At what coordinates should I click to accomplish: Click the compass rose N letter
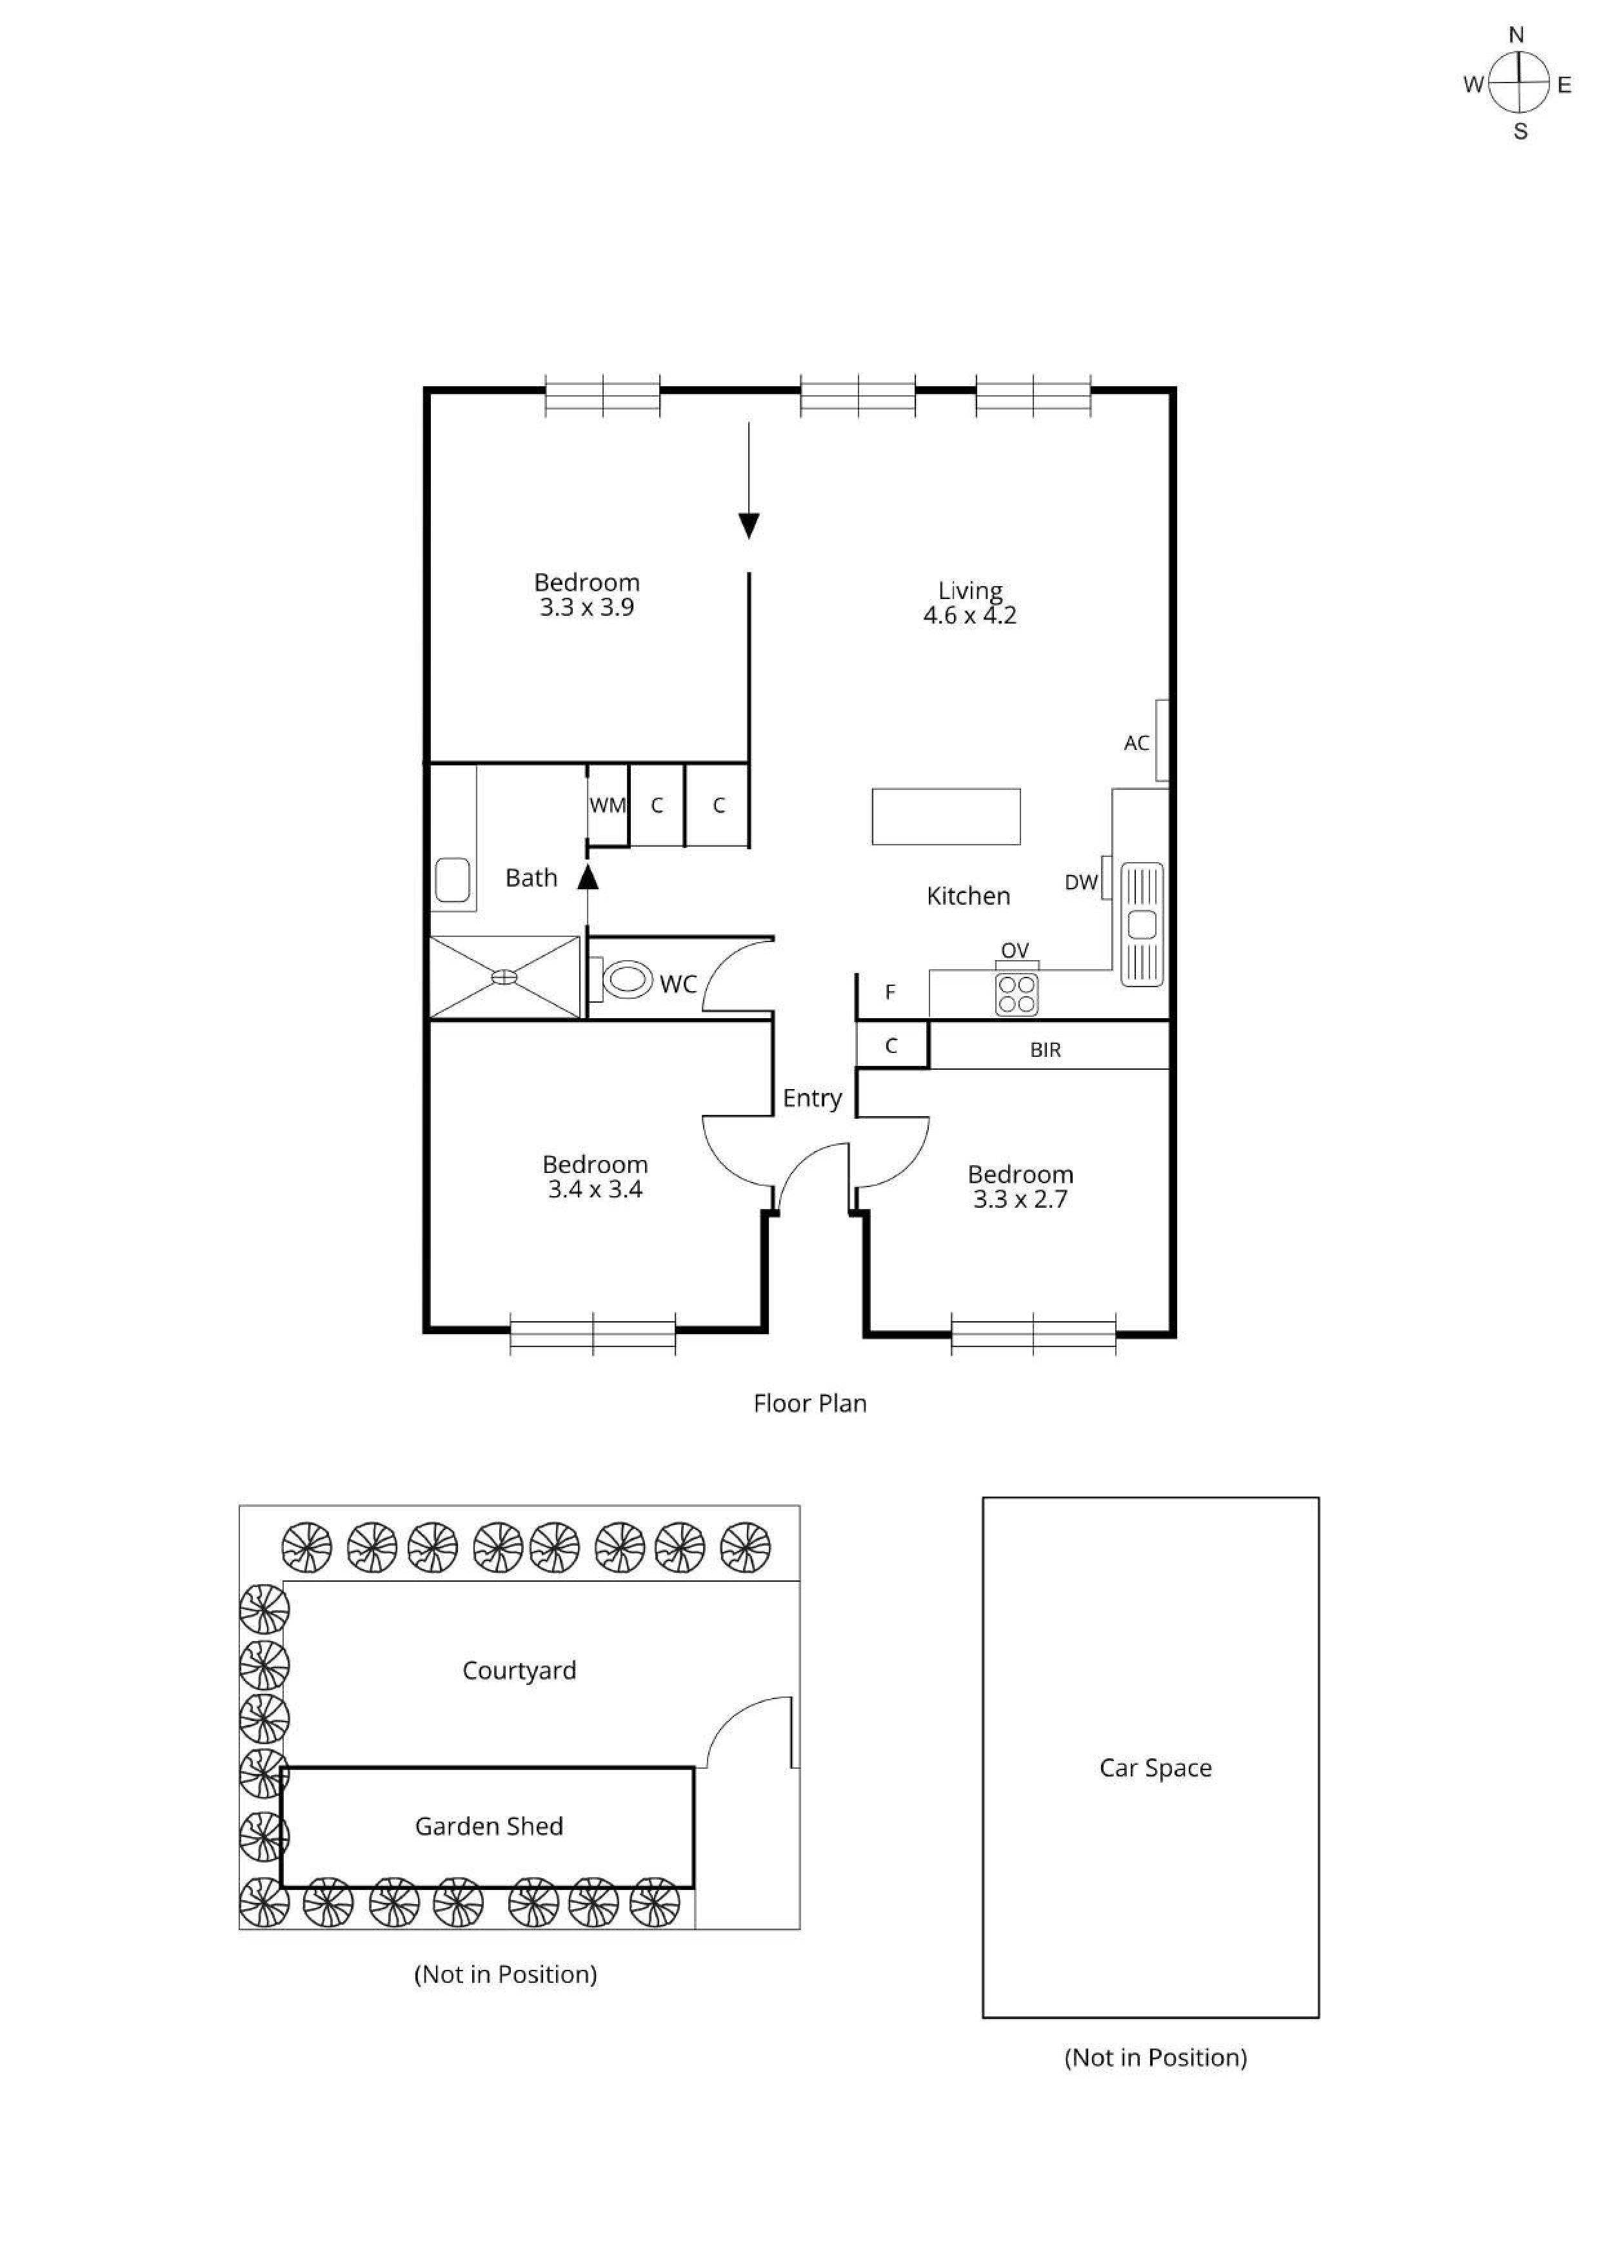(1516, 35)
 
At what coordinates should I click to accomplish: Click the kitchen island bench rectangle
(946, 817)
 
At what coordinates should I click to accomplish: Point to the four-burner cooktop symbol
(1016, 994)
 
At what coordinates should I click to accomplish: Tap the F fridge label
(891, 992)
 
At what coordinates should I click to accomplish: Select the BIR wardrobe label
(1046, 1050)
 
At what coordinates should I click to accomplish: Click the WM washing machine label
(607, 806)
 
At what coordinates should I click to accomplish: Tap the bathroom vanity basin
(453, 879)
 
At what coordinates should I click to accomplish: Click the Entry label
(812, 1099)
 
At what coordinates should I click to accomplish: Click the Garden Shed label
(489, 1827)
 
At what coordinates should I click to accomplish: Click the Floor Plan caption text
(810, 1404)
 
